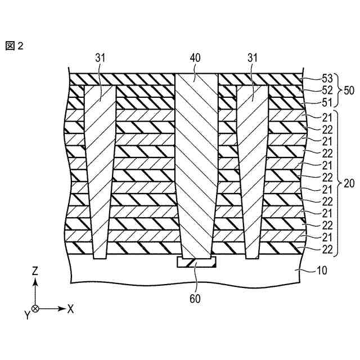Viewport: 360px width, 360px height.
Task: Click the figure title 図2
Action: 15,46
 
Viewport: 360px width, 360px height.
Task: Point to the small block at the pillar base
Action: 196,262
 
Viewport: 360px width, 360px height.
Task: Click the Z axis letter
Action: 35,271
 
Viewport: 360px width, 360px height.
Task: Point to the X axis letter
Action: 71,308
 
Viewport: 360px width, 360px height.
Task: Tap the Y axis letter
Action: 26,314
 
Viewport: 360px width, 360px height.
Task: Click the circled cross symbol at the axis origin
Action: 35,308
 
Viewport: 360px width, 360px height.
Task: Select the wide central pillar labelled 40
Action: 196,169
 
